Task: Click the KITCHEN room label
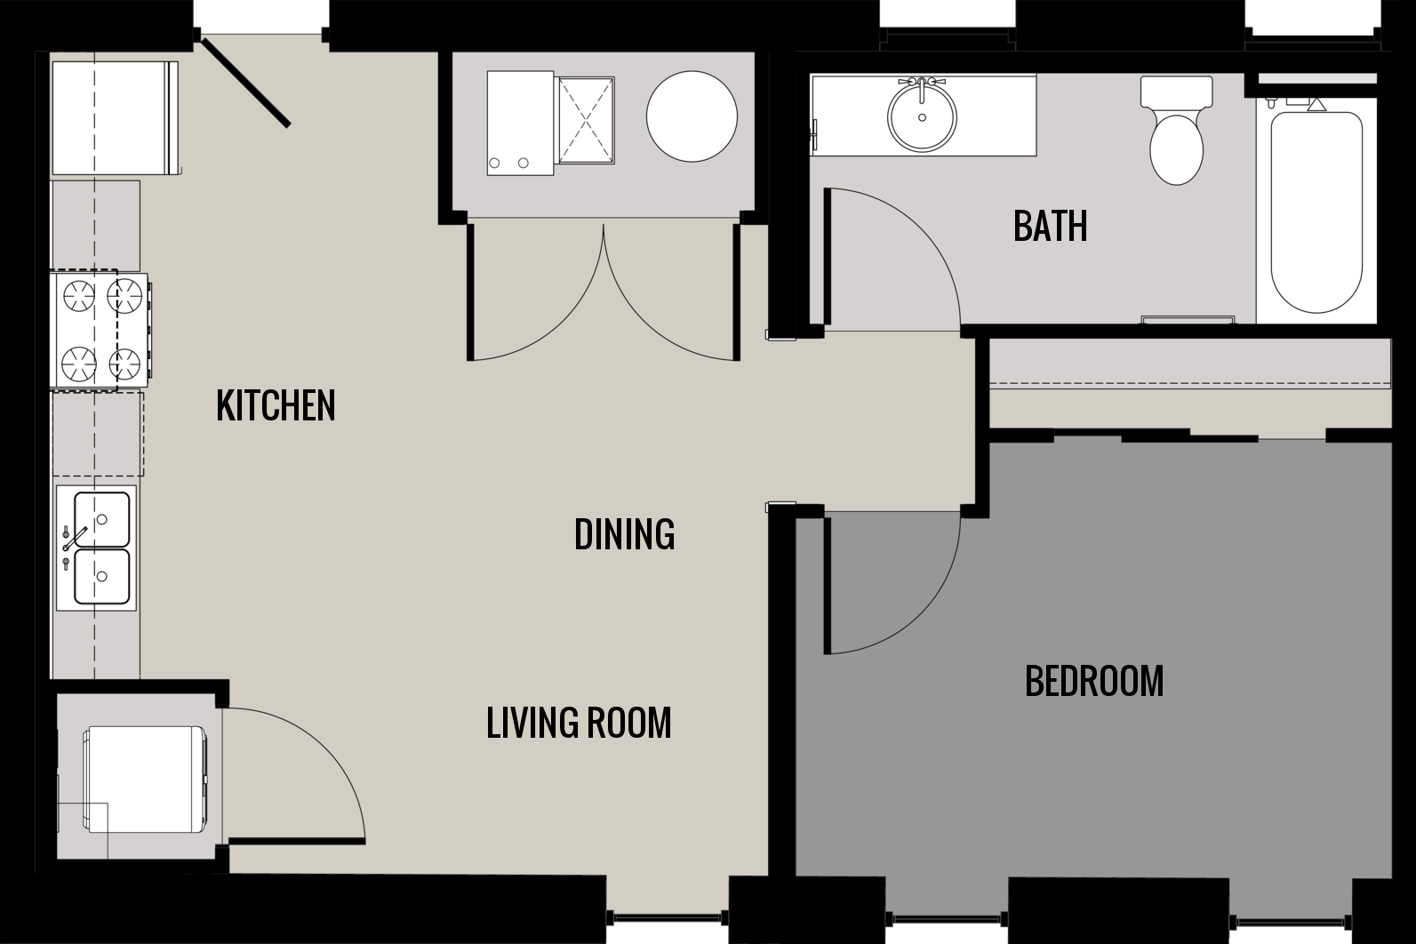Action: click(x=276, y=405)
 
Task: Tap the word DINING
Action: click(x=624, y=534)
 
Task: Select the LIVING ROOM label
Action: click(x=579, y=723)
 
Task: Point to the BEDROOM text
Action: click(x=1094, y=681)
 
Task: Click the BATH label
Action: click(x=1050, y=227)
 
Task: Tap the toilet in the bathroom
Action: click(x=1176, y=147)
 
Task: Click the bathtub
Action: click(x=1316, y=212)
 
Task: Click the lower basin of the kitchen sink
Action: click(x=102, y=576)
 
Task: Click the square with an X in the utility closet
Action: click(x=585, y=121)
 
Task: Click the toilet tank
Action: click(x=1176, y=91)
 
